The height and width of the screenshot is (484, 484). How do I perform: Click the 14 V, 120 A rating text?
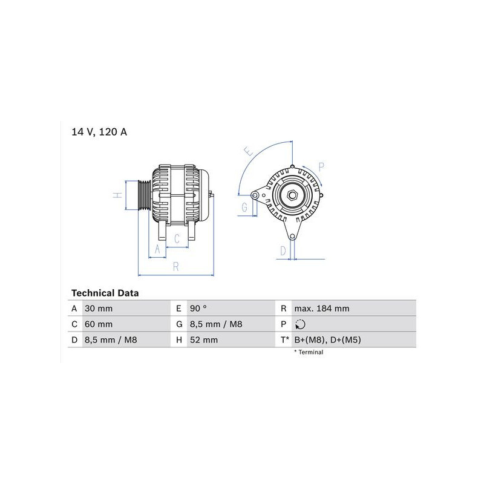pos(99,132)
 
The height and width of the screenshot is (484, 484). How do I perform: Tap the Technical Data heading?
pos(105,293)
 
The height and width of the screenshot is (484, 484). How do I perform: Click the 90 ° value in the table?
pos(198,309)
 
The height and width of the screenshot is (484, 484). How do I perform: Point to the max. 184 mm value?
pos(322,309)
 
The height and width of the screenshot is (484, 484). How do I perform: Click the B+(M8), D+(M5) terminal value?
pos(327,340)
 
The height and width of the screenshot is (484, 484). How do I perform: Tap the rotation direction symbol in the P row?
pos(300,324)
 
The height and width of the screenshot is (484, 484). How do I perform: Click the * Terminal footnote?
pos(309,352)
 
